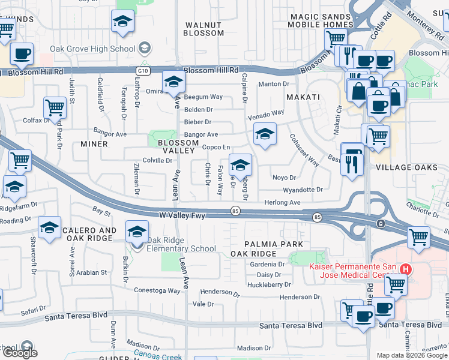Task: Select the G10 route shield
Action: [x=142, y=70]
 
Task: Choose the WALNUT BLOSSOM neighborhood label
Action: [x=203, y=29]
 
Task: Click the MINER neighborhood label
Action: [x=94, y=144]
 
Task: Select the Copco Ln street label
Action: [x=216, y=147]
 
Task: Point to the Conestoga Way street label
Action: [x=157, y=290]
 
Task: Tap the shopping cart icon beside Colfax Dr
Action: [x=55, y=109]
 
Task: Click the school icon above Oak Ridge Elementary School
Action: [x=137, y=231]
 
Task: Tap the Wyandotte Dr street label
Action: [x=303, y=190]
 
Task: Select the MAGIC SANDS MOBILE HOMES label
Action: [x=320, y=21]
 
